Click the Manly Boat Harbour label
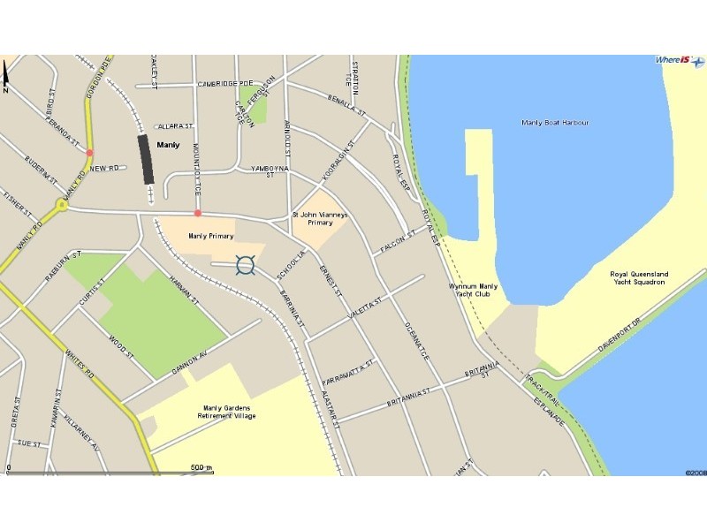tap(555, 123)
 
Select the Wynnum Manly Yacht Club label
tap(474, 291)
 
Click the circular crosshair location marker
tap(247, 264)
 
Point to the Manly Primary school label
tap(210, 236)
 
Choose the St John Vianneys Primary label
tap(319, 218)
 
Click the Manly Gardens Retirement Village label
tap(227, 412)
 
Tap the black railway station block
tap(146, 159)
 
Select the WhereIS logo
tap(677, 60)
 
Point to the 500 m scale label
tap(201, 467)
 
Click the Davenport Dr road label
tap(617, 335)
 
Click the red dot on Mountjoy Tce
tap(198, 213)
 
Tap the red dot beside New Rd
tap(89, 153)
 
